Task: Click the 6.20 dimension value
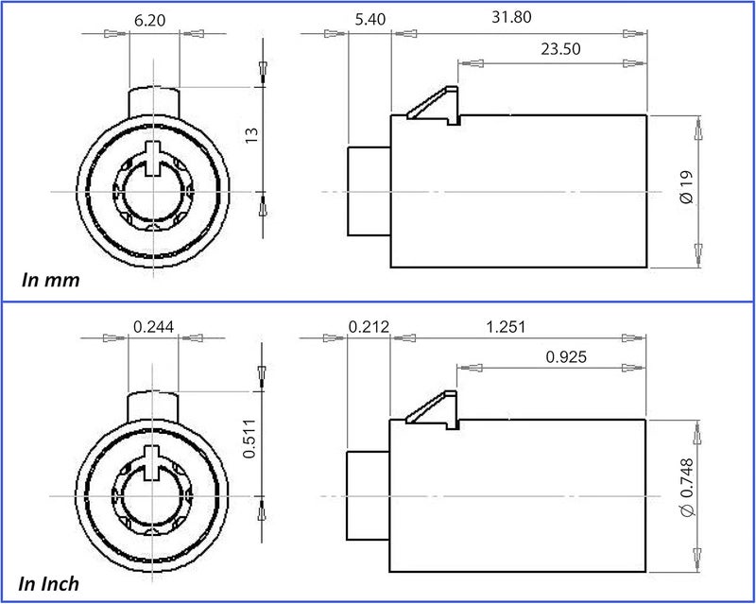(149, 20)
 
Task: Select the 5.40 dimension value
(370, 19)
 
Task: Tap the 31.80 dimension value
(511, 17)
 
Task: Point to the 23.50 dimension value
(560, 49)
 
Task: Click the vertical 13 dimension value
(251, 134)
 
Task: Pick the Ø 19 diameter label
(687, 187)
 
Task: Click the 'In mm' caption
(51, 280)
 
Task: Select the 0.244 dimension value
(153, 327)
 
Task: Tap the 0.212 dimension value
(369, 327)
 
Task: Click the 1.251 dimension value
(506, 327)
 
